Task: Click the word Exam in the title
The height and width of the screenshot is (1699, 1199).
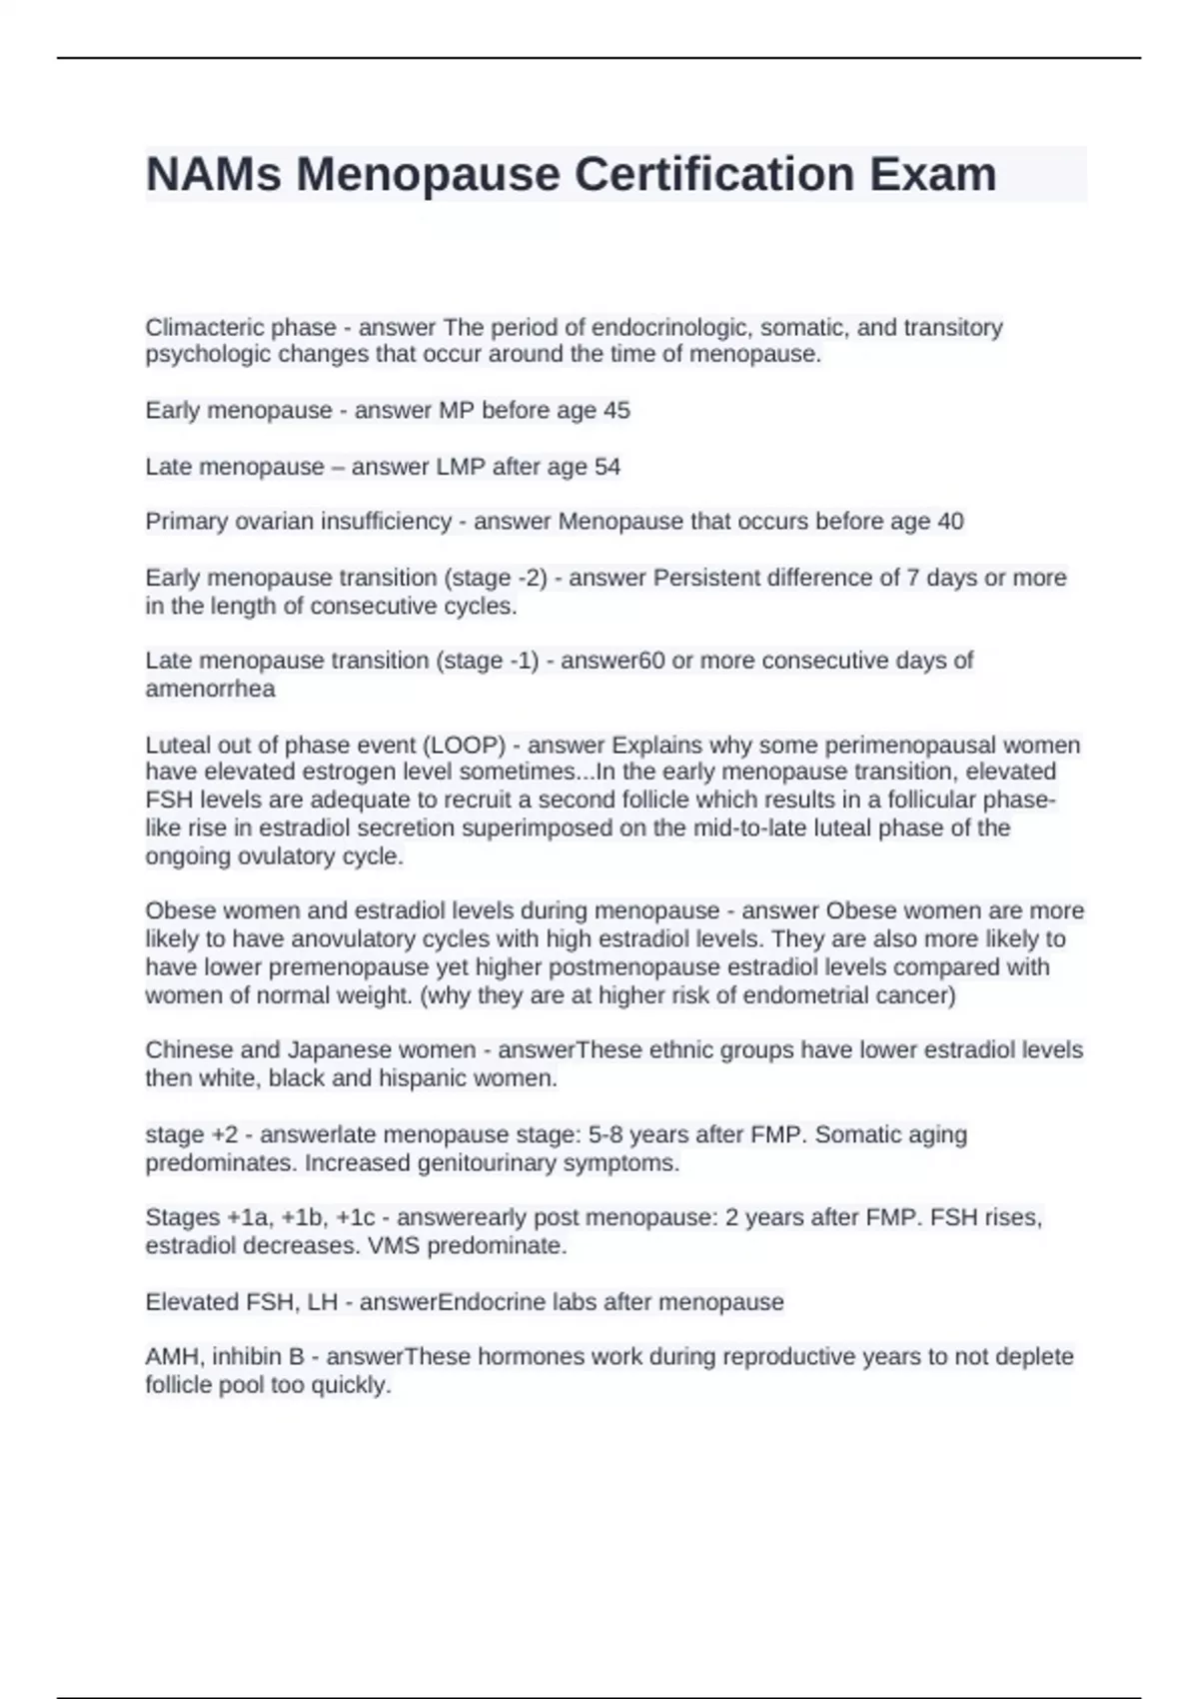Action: [932, 175]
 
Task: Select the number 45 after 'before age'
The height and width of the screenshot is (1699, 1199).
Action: [616, 411]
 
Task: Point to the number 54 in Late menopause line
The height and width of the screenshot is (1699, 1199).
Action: [607, 467]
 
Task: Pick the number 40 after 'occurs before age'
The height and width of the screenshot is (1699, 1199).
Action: [950, 522]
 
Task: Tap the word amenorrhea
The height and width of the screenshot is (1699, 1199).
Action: [210, 689]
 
